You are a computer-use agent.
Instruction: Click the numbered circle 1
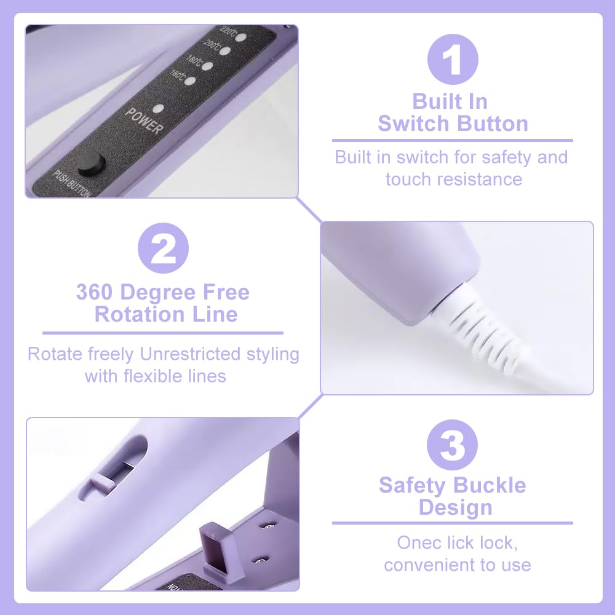coord(453,60)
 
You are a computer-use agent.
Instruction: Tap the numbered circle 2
coord(163,248)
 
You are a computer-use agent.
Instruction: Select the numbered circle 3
coord(452,445)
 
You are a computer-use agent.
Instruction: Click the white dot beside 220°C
coord(241,38)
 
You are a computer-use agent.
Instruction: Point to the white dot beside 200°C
coord(224,51)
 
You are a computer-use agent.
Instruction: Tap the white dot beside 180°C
coord(207,66)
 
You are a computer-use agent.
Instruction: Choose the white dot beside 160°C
coord(190,81)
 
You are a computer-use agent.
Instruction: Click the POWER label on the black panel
coord(143,121)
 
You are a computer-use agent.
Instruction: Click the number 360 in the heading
coord(95,292)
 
